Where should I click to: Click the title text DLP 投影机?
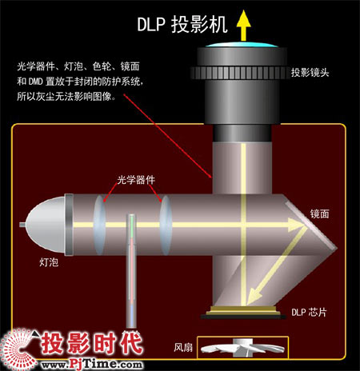coord(182,25)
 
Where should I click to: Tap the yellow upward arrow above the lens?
coord(243,26)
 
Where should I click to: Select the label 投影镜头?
coord(310,73)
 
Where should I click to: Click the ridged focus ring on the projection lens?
coord(238,73)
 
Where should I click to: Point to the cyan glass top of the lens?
coord(242,45)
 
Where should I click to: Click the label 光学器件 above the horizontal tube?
coord(136,180)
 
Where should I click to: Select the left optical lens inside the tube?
coord(99,225)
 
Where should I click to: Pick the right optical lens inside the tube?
coord(166,225)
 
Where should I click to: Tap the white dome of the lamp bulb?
coord(46,225)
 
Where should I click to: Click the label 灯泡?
coord(49,262)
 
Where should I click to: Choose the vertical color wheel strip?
coord(131,270)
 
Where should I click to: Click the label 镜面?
coord(319,213)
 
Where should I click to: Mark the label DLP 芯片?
coord(309,312)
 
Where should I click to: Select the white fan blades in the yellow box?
coord(242,348)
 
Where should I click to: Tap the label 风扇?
coord(183,347)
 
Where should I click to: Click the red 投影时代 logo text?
coord(91,343)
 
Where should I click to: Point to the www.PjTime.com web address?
coord(91,364)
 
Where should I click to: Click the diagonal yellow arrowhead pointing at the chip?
coord(254,296)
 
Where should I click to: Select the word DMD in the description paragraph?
coord(35,82)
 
